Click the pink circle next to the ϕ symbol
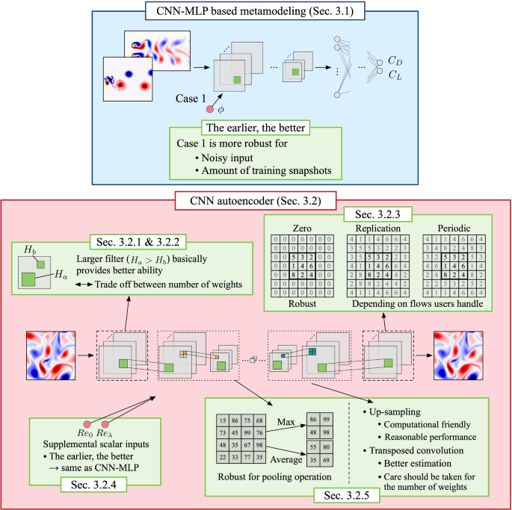click(x=210, y=110)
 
